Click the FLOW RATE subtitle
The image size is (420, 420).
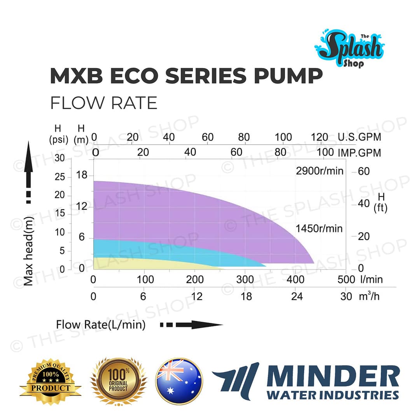tap(103, 103)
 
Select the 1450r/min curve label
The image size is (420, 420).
tap(319, 228)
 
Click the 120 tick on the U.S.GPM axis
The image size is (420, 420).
tap(320, 137)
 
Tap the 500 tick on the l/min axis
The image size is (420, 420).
tap(346, 279)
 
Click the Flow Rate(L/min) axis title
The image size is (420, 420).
tap(101, 325)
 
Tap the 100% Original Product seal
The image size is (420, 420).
tap(119, 381)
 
